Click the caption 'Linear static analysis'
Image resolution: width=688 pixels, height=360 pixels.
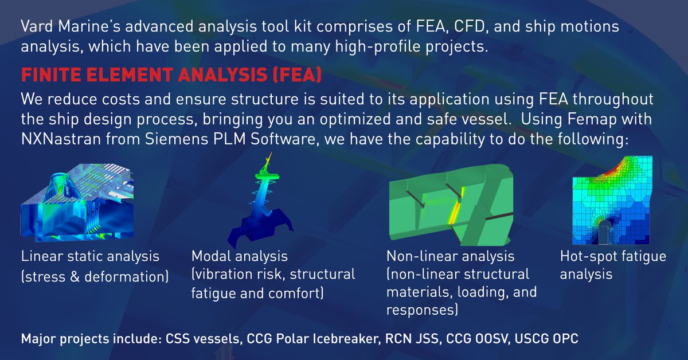90,256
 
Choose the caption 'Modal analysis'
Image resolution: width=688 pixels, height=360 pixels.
239,256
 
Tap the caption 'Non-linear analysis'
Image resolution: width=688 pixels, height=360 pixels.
451,256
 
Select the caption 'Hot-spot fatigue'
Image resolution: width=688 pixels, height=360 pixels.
612,256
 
